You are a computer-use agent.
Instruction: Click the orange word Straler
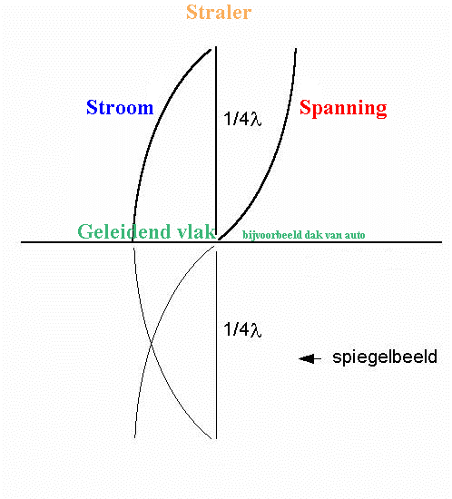(x=219, y=12)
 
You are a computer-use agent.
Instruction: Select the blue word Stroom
(x=120, y=107)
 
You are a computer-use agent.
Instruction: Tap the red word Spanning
(x=343, y=108)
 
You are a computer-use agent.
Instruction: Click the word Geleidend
(x=124, y=231)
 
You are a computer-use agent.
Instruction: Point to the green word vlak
(x=197, y=231)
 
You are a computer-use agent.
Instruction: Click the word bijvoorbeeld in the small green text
(x=272, y=235)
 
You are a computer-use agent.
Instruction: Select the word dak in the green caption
(x=311, y=235)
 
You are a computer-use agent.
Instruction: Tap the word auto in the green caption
(x=355, y=235)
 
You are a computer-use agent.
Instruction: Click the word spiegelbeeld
(x=385, y=357)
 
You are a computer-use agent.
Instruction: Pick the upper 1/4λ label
(x=242, y=119)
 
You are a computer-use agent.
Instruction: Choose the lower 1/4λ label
(x=242, y=329)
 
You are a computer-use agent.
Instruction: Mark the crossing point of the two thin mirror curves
(x=152, y=343)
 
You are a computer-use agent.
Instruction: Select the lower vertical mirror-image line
(x=216, y=346)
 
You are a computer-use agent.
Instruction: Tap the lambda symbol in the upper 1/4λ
(x=256, y=120)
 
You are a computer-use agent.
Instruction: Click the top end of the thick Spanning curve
(x=296, y=49)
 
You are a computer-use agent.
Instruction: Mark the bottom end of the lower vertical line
(x=216, y=439)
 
